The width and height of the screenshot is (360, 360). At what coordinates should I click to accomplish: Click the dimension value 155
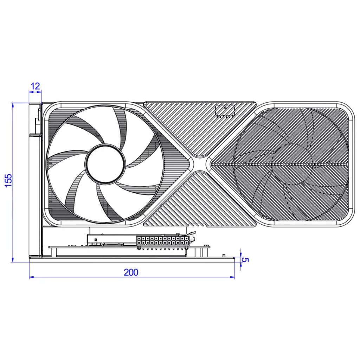8,180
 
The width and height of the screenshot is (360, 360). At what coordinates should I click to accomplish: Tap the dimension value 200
131,272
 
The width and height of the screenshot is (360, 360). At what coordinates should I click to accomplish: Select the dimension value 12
35,86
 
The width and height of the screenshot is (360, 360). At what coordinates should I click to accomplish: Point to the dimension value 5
245,260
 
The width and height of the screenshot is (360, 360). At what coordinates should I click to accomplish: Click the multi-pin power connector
162,240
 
